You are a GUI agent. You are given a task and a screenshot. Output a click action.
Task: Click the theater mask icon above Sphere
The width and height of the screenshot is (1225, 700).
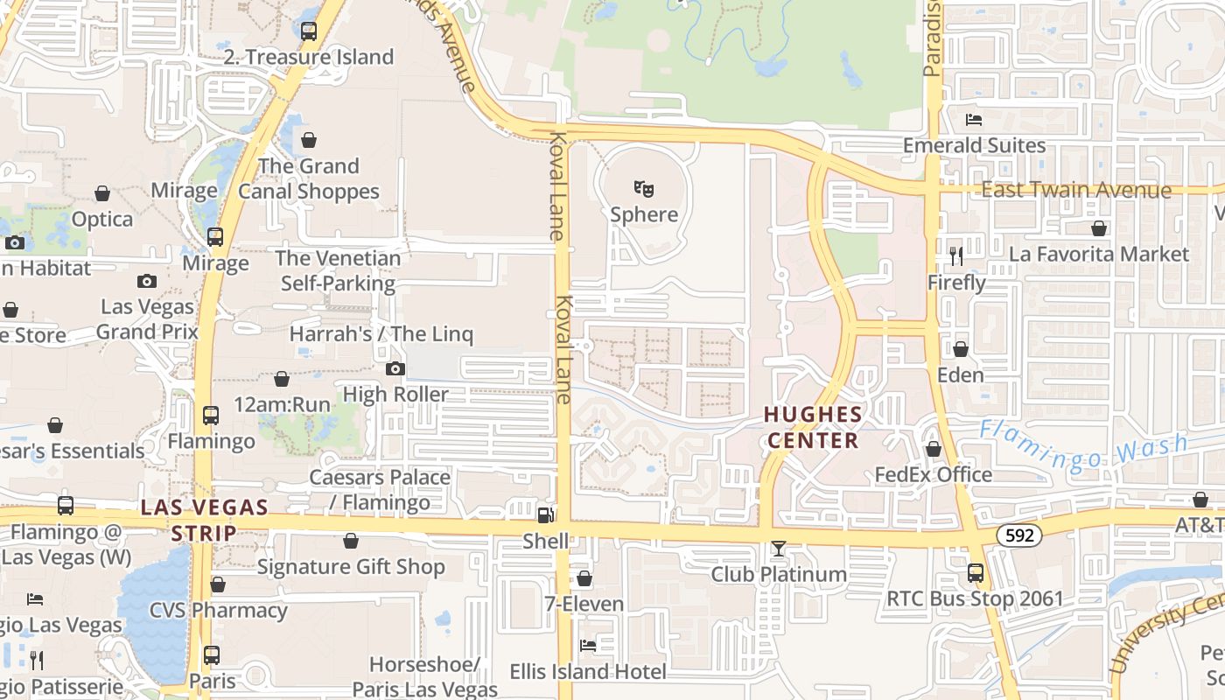click(x=644, y=188)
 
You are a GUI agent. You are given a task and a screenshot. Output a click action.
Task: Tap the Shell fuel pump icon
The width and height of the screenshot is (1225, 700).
click(x=545, y=514)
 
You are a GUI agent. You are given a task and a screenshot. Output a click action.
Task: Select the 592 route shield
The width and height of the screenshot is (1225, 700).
click(x=1019, y=535)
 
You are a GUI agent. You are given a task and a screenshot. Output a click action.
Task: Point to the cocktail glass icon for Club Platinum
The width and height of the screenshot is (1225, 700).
click(x=778, y=549)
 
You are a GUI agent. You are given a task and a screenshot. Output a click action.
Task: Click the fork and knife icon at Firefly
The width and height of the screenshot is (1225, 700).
click(x=956, y=255)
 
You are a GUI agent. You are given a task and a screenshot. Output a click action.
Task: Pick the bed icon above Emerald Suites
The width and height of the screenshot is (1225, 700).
click(x=974, y=119)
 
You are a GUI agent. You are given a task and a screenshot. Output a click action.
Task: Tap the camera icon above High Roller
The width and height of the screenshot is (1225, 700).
click(x=395, y=368)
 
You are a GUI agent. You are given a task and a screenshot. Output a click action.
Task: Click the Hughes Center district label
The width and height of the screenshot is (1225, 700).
click(x=813, y=426)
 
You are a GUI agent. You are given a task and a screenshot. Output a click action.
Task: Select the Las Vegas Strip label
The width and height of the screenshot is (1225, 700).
click(x=205, y=520)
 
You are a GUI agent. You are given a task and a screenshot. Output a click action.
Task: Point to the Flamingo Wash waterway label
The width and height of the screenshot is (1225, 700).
click(x=1083, y=445)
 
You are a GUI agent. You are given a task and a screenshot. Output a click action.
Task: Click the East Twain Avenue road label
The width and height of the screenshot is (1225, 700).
click(x=1075, y=190)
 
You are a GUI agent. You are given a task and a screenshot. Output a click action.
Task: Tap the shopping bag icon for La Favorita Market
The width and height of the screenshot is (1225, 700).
click(x=1099, y=228)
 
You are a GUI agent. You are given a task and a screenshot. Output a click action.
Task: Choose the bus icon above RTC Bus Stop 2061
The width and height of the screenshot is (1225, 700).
click(x=976, y=573)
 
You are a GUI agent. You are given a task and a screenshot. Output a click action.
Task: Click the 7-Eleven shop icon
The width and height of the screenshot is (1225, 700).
click(x=584, y=578)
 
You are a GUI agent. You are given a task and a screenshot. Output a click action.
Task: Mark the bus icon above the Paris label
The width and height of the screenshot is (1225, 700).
click(x=212, y=654)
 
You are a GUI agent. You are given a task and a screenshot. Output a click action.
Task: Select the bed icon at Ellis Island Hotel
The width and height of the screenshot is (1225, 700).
click(x=588, y=646)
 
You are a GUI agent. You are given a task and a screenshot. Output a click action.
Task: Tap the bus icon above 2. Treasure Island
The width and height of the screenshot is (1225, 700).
click(x=309, y=31)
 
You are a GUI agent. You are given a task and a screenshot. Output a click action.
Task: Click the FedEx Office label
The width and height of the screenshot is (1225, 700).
click(x=934, y=474)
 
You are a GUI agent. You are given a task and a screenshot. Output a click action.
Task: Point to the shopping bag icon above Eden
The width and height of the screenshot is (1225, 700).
click(x=961, y=349)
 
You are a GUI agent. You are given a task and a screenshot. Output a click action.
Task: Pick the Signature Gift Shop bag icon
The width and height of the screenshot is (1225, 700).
click(x=351, y=541)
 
